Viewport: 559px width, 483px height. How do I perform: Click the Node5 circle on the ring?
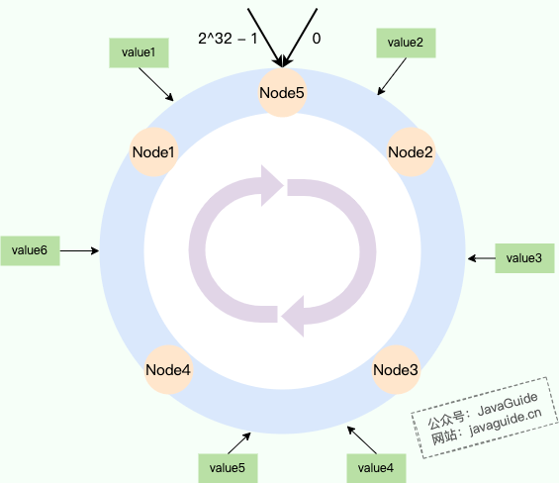click(x=282, y=93)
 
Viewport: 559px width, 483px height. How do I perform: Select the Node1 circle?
click(x=153, y=152)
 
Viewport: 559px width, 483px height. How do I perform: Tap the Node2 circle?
click(x=410, y=152)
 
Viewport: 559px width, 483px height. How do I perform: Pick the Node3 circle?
click(x=396, y=370)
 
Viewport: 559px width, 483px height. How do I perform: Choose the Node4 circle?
click(x=168, y=370)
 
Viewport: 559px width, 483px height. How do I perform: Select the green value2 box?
click(x=406, y=42)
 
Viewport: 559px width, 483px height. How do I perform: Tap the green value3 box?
click(x=523, y=257)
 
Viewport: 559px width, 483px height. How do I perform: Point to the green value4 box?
click(x=375, y=466)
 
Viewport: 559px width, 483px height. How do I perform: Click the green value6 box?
click(x=30, y=251)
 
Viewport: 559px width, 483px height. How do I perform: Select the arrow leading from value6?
click(x=80, y=251)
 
